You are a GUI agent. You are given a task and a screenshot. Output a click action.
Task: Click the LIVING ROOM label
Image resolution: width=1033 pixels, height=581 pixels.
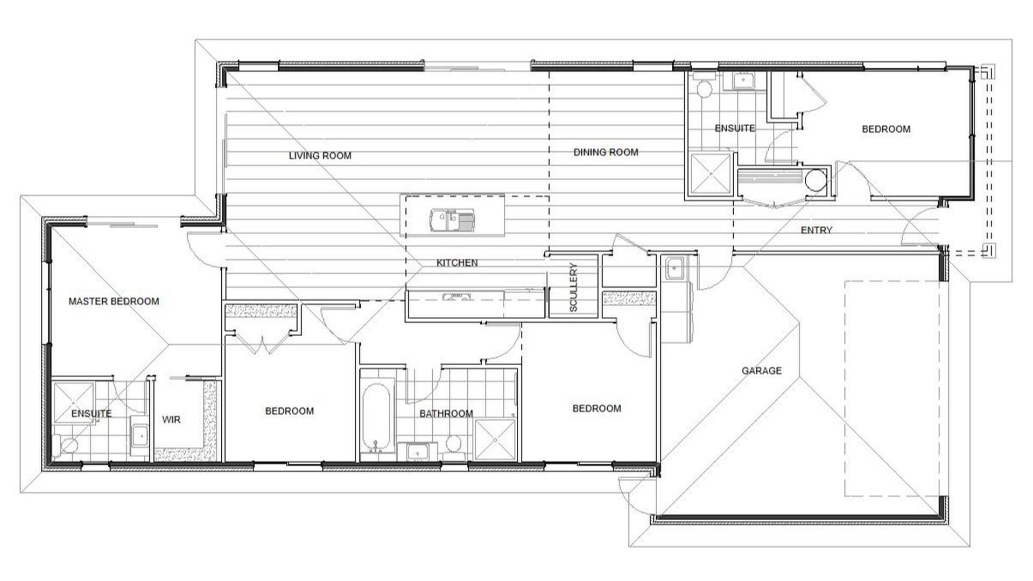320,156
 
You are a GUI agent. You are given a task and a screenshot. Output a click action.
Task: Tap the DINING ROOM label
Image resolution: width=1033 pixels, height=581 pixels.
606,152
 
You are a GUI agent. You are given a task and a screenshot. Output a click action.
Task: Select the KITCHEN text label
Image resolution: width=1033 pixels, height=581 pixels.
457,263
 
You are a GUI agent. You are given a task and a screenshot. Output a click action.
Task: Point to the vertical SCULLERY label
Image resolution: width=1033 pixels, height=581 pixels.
573,287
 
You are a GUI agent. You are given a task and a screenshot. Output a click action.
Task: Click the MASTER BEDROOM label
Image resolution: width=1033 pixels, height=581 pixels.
114,301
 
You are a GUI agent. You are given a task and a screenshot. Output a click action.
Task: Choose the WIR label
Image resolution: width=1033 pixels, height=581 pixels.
172,420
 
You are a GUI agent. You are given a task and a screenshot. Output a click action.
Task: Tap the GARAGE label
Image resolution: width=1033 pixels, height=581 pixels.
761,371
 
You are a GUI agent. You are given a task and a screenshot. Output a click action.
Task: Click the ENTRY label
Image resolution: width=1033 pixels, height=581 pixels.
816,230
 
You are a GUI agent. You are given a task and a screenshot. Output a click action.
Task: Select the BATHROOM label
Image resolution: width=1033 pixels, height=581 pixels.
446,414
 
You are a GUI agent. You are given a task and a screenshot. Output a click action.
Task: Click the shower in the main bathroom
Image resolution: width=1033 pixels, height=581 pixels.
495,440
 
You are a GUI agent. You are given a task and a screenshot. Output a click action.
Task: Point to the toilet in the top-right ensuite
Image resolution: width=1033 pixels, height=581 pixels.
703,87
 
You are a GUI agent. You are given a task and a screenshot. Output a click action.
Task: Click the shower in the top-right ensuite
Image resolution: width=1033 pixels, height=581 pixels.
711,173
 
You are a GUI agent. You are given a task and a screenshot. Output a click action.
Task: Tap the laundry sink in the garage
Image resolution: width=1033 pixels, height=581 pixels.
674,268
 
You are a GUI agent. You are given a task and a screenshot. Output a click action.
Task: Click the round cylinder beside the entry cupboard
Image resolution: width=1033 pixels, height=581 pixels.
815,180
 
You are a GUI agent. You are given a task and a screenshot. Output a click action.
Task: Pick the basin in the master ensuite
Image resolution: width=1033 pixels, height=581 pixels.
140,435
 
